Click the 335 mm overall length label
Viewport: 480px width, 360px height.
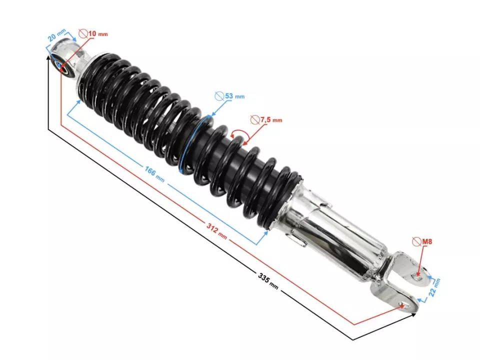pyautogui.click(x=268, y=280)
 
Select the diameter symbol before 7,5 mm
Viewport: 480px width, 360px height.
pyautogui.click(x=255, y=120)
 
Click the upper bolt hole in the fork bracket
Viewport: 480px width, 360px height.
pyautogui.click(x=418, y=274)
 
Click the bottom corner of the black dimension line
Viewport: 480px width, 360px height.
pyautogui.click(x=353, y=340)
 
